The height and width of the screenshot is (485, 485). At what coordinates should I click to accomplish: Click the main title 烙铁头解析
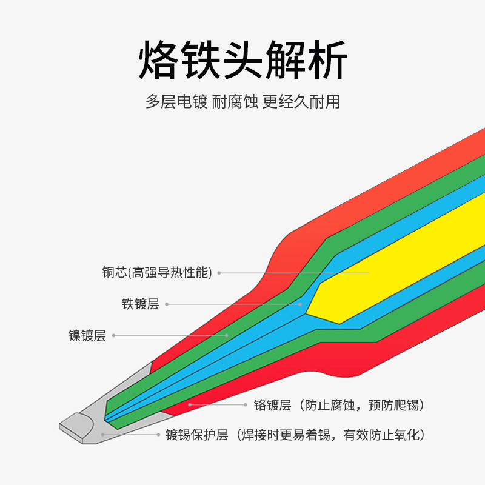tap(242, 61)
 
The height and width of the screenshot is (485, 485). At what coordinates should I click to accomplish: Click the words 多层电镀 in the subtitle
tap(176, 101)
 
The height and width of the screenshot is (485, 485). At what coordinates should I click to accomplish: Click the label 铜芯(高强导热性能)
tap(157, 273)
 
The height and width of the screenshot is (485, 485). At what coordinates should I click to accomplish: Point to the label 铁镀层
tap(140, 304)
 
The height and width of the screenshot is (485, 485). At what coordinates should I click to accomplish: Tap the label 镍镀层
tap(87, 336)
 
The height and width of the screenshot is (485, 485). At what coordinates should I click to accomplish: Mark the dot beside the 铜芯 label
tap(219, 273)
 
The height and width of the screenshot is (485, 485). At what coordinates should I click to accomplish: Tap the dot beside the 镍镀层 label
tap(114, 335)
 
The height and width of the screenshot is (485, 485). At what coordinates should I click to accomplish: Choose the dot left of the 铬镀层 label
tap(190, 404)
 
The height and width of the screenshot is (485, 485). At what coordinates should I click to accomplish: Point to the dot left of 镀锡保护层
tap(102, 435)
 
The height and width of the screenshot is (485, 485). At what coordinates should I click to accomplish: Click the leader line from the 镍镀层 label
tap(170, 335)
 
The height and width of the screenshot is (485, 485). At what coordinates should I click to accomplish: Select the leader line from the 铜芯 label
tap(291, 273)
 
